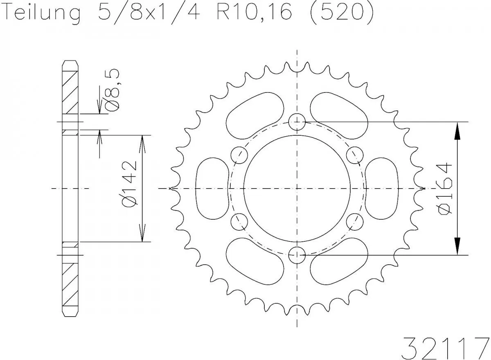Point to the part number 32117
point(446,347)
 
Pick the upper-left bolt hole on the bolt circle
point(239,155)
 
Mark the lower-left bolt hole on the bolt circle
point(239,222)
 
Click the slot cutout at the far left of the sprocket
point(212,189)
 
